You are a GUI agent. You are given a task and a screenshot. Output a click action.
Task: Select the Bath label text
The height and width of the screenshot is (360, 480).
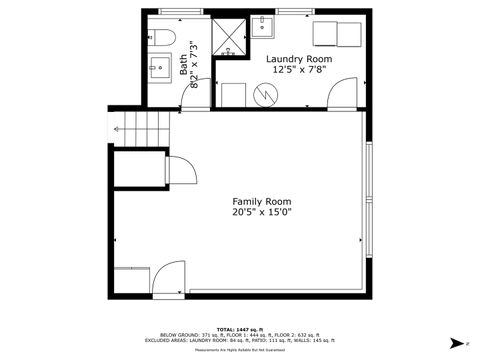(x=183, y=65)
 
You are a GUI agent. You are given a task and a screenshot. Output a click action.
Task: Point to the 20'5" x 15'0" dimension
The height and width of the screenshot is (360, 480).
(x=262, y=212)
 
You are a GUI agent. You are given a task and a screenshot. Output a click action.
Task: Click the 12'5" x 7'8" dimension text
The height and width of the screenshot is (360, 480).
(x=299, y=70)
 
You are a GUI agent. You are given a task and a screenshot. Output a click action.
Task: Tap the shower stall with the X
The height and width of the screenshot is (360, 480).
(x=229, y=36)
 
